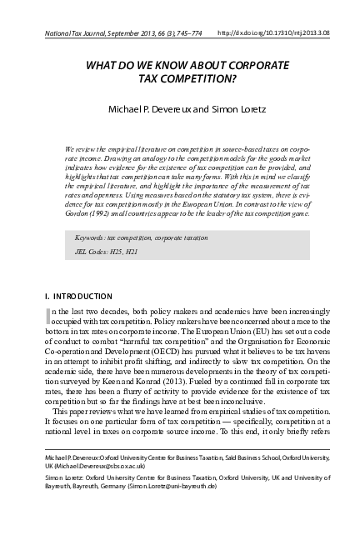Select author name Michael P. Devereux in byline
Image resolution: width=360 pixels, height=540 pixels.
(140, 109)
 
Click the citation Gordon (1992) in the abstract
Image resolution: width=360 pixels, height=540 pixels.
(86, 213)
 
